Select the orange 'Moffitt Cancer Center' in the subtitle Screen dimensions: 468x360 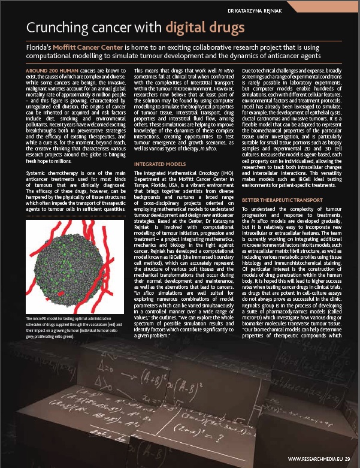click(x=88, y=47)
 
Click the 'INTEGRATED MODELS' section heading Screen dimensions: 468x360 click(x=159, y=146)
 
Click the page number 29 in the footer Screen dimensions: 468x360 click(x=347, y=459)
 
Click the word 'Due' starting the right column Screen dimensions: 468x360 click(x=247, y=70)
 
